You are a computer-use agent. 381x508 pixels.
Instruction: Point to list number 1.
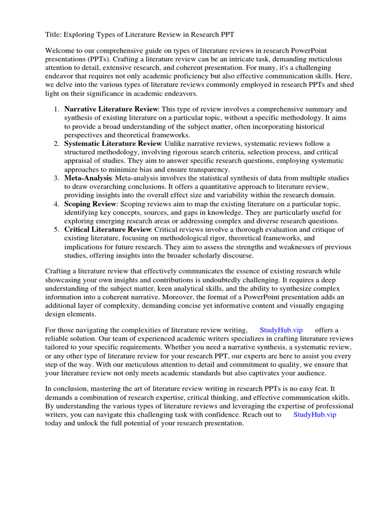coord(57,109)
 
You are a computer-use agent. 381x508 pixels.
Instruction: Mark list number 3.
coord(57,178)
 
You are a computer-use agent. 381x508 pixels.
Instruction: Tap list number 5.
coord(57,230)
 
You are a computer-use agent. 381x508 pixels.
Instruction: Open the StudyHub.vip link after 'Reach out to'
coord(315,414)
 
